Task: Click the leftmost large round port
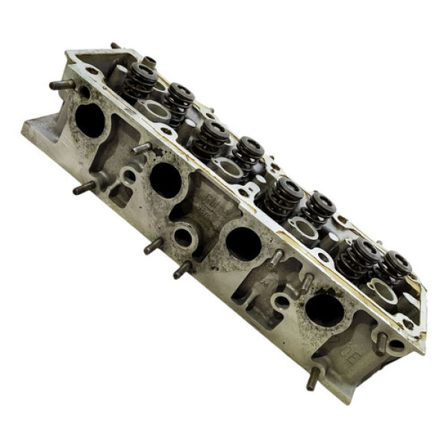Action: tap(90, 120)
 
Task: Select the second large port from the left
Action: tap(165, 180)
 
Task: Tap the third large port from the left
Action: tap(243, 243)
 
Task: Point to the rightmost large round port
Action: tap(324, 309)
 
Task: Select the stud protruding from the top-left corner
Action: tap(63, 84)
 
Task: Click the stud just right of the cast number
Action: tap(381, 343)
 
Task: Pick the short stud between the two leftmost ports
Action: tap(141, 148)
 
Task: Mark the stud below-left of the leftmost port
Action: tap(84, 187)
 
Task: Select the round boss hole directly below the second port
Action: tap(182, 237)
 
